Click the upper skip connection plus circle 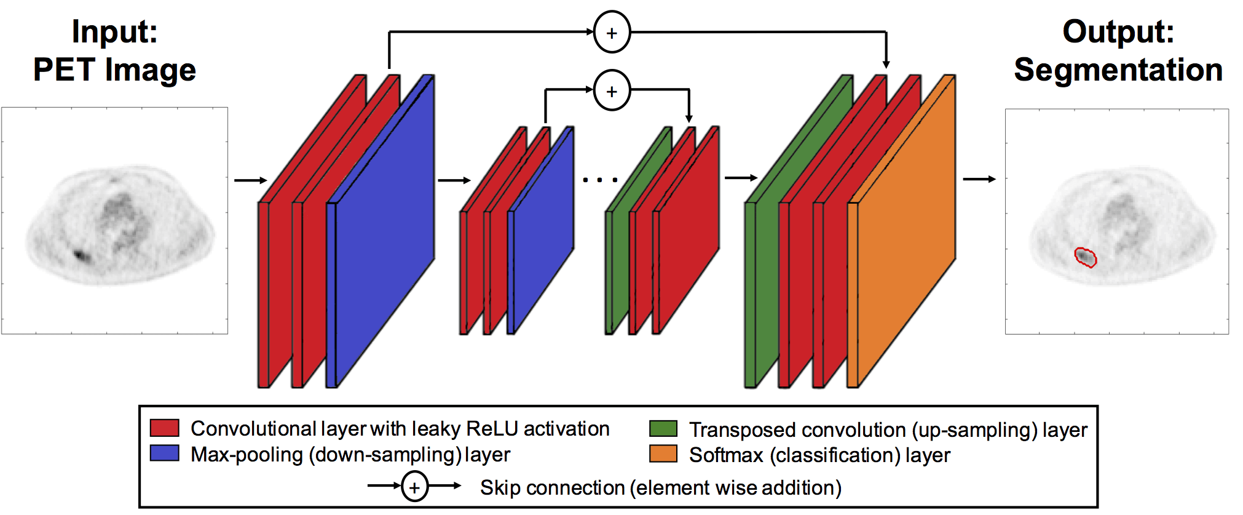[612, 33]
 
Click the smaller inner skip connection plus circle [612, 91]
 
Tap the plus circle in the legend [415, 487]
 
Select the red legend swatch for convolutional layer [165, 428]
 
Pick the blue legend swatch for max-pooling [165, 453]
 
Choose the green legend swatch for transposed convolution [663, 428]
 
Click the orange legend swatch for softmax [663, 454]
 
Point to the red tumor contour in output [1085, 257]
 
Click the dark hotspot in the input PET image [81, 254]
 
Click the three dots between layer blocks [600, 180]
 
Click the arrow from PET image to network [250, 180]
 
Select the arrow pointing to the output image [979, 179]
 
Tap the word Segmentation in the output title [1118, 70]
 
